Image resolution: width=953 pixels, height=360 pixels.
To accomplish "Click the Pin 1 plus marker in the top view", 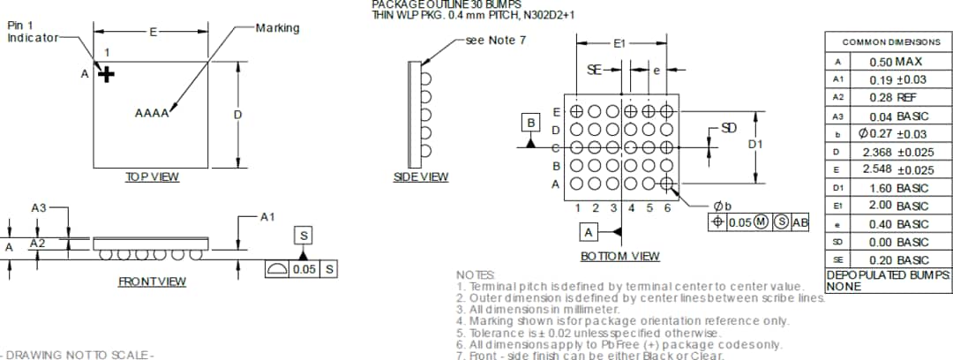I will (x=107, y=74).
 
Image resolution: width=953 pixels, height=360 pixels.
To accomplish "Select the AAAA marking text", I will (x=152, y=113).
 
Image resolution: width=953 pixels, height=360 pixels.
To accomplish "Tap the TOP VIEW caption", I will (x=152, y=177).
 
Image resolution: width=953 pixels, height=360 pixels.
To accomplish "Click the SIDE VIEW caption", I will (x=421, y=177).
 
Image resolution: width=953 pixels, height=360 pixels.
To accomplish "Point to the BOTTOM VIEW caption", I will (x=619, y=256).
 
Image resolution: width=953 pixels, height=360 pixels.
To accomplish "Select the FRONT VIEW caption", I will (x=152, y=281).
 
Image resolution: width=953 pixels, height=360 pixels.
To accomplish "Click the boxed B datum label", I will (x=531, y=123).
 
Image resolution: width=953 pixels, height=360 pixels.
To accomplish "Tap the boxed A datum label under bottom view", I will (x=589, y=231).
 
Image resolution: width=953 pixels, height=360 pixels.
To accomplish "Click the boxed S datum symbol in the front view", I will (x=304, y=236).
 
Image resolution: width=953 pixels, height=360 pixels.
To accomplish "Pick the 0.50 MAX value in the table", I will (x=896, y=62).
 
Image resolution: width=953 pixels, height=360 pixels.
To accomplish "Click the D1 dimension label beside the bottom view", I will (x=755, y=144).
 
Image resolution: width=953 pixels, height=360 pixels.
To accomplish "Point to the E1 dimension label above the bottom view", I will (x=619, y=42).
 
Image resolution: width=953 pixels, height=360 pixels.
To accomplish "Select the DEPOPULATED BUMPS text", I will (x=888, y=275).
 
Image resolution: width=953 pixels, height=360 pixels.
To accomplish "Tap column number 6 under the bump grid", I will (x=667, y=207).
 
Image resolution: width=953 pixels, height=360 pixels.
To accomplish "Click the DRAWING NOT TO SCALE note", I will (x=76, y=354).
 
